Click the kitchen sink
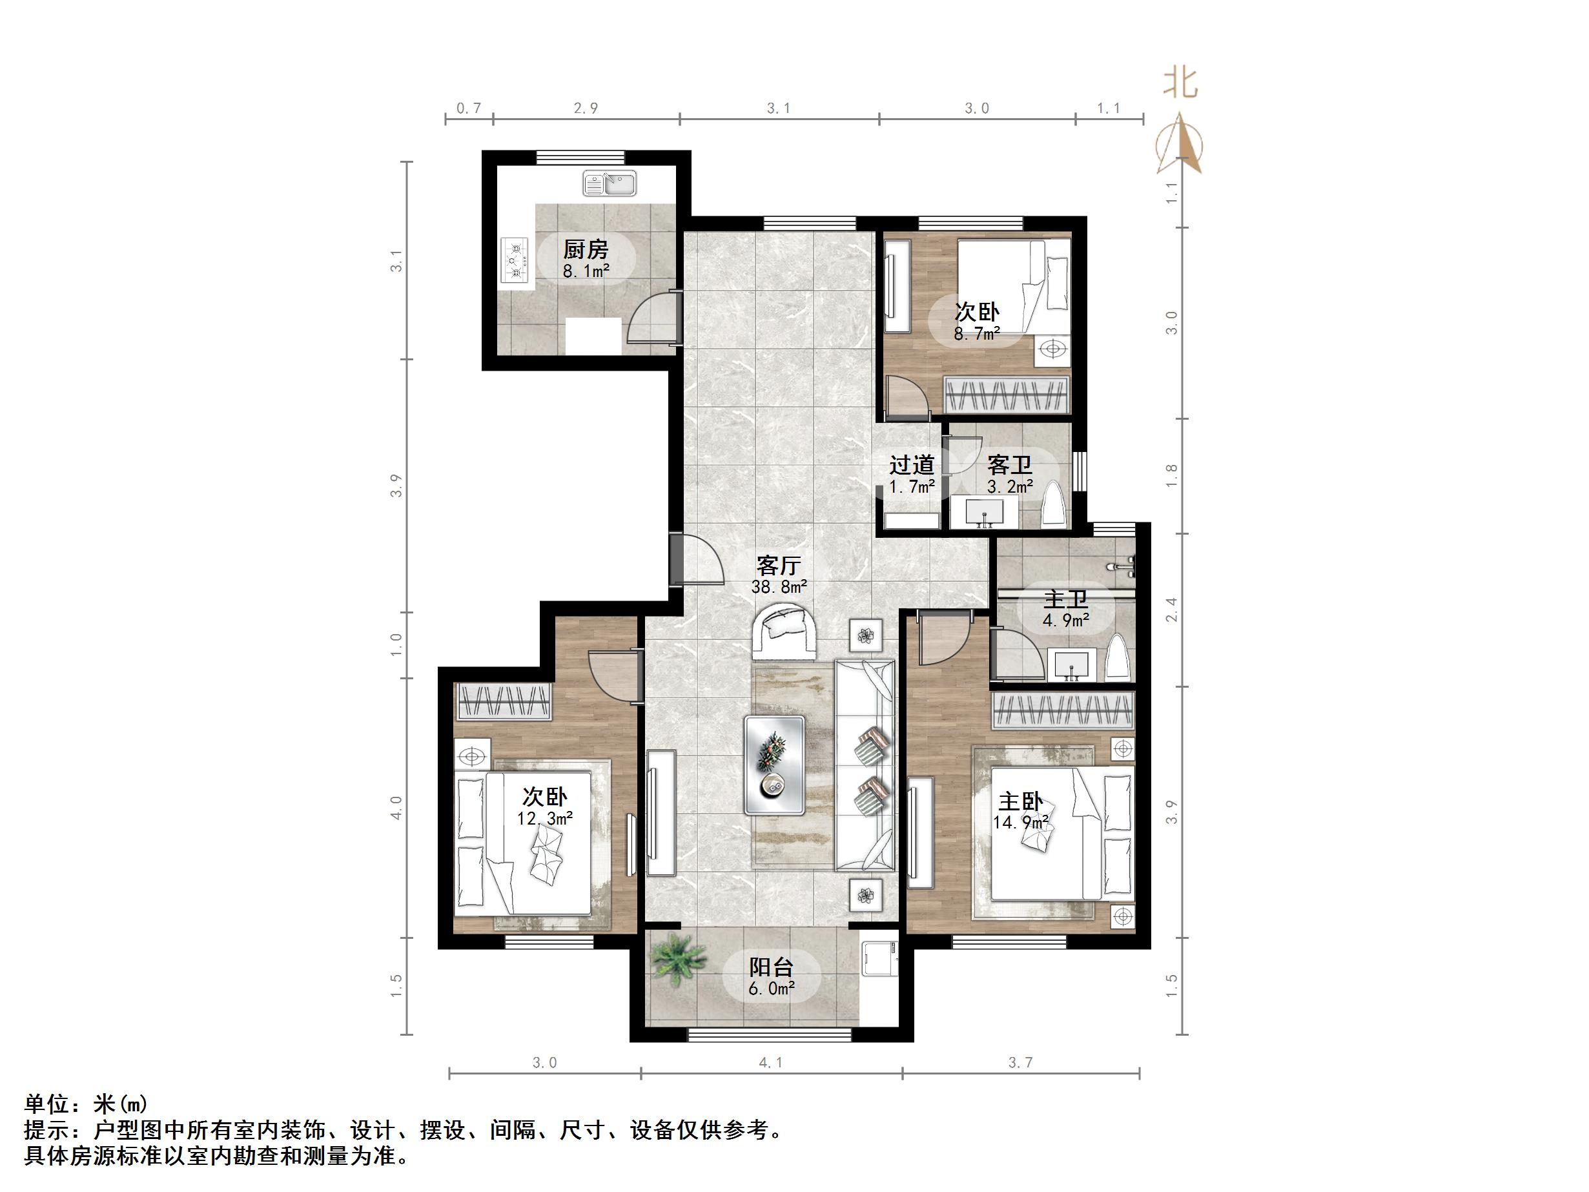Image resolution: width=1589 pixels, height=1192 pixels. coord(609,183)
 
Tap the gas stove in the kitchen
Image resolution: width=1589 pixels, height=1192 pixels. coord(515,261)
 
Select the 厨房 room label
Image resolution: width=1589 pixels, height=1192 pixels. coord(586,249)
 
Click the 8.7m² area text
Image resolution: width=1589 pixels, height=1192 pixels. coord(977,334)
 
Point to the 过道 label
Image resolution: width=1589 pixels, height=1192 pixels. coord(912,465)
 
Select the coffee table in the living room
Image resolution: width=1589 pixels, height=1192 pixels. coord(774,765)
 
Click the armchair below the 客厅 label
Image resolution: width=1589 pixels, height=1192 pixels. coord(784,632)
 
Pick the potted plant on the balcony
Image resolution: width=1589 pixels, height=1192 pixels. coord(677,959)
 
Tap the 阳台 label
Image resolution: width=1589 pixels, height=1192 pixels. coord(771,967)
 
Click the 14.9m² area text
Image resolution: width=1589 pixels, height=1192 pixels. coord(1021,822)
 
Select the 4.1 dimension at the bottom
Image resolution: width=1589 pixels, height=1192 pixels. coord(771,1063)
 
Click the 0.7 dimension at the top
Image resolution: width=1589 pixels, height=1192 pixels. coord(468,108)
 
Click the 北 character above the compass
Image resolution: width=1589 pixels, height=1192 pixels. coord(1180,83)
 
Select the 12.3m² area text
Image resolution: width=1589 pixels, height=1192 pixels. coord(544,818)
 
